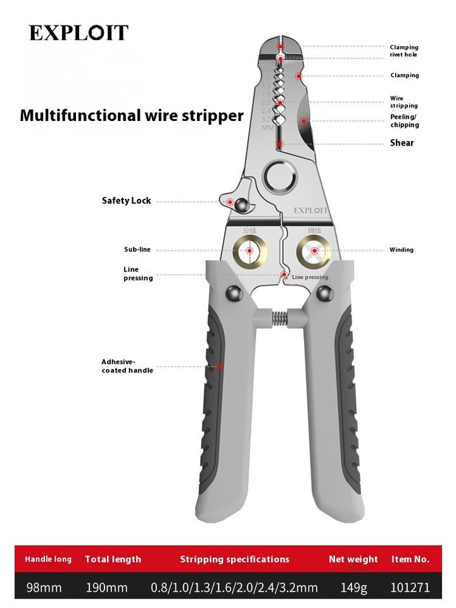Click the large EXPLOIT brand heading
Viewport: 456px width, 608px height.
point(79,33)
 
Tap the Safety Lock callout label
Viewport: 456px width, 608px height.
point(127,201)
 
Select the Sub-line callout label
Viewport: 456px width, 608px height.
point(137,250)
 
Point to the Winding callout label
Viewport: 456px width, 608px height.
point(402,250)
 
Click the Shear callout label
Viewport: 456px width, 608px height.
point(402,143)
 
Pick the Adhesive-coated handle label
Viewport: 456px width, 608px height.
point(127,366)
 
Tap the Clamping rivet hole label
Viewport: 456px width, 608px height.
point(403,51)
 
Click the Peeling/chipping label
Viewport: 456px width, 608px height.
point(404,121)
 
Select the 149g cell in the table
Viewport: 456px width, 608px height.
point(353,588)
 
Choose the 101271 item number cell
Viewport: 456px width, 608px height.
point(410,588)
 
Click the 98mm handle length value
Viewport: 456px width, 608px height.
point(44,588)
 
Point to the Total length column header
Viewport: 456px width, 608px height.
point(113,559)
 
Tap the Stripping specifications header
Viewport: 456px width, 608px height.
point(234,559)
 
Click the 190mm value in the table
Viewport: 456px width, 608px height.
point(106,588)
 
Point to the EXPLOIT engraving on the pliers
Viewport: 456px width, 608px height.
point(310,210)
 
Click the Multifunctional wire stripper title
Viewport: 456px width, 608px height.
point(132,116)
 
